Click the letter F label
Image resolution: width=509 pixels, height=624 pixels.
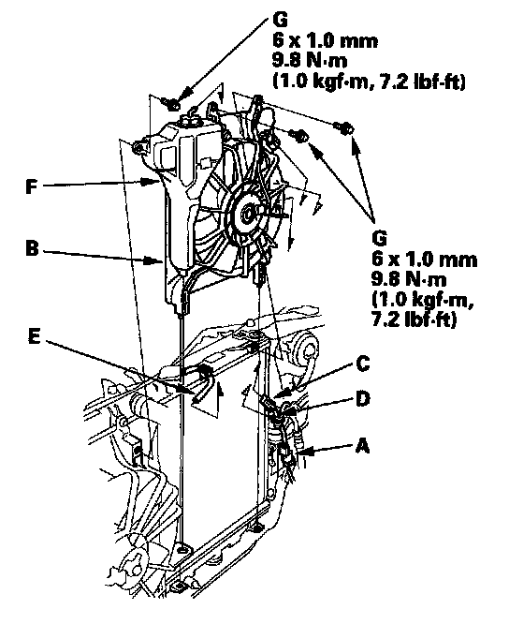pos(32,186)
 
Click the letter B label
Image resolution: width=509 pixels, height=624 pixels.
pos(32,249)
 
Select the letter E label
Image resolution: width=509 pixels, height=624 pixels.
pos(35,338)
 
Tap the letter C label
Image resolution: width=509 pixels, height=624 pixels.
pos(363,364)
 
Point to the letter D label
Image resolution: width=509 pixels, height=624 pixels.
pos(363,399)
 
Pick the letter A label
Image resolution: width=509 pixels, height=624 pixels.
pos(362,445)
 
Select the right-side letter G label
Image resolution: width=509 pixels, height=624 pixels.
pos(380,238)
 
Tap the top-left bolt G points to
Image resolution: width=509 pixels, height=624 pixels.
pos(172,104)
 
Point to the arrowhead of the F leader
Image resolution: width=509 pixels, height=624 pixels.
pos(155,182)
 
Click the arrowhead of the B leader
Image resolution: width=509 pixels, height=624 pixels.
pos(155,260)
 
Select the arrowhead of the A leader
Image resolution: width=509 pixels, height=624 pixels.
pos(305,452)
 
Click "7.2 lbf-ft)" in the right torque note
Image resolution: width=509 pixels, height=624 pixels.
pos(414,319)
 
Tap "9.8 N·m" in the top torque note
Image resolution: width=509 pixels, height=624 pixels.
pos(310,61)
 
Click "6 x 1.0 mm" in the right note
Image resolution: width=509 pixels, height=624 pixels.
pos(425,260)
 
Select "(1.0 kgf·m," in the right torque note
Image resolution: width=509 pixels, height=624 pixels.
pos(423,300)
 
